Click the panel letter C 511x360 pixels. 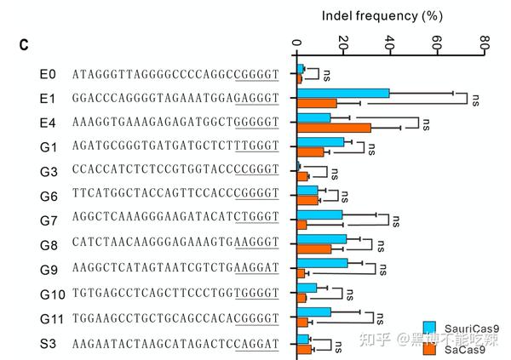pyautogui.click(x=25, y=44)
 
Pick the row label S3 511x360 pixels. pyautogui.click(x=48, y=344)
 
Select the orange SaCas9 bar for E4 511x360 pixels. pyautogui.click(x=334, y=129)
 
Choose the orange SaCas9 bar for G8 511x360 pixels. pyautogui.click(x=314, y=249)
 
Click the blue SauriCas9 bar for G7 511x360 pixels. pyautogui.click(x=319, y=215)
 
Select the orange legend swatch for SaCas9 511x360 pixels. pyautogui.click(x=430, y=346)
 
